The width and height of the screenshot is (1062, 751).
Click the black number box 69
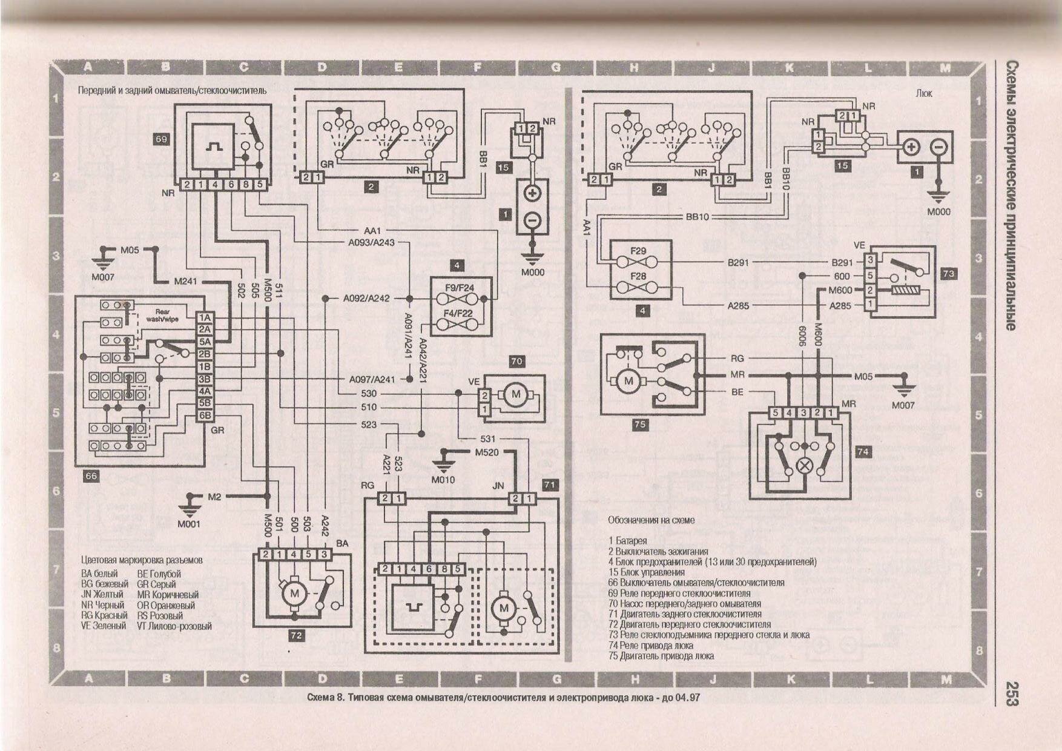click(161, 139)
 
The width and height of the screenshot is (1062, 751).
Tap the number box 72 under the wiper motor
click(296, 635)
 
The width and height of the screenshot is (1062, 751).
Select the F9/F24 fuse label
click(459, 288)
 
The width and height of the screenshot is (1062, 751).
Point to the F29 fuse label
click(638, 250)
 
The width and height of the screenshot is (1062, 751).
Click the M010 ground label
click(443, 480)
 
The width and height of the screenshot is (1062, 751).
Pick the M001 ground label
click(189, 523)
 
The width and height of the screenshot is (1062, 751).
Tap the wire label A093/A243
click(371, 242)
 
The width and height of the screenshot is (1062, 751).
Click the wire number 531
click(487, 438)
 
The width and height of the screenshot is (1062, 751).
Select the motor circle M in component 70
click(516, 394)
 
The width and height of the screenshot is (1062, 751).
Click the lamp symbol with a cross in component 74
click(805, 465)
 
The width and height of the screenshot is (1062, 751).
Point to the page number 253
click(1010, 693)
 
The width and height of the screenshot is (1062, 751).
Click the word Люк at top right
click(924, 93)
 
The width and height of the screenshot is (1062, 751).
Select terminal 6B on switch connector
click(205, 415)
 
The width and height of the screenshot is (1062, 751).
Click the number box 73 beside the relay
click(948, 274)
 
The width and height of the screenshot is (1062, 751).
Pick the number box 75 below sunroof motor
click(640, 425)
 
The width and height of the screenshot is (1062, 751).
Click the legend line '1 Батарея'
click(628, 540)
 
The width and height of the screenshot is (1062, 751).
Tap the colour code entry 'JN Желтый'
click(102, 594)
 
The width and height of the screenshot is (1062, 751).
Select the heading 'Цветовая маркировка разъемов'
click(142, 560)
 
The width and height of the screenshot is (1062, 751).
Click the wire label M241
click(185, 281)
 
